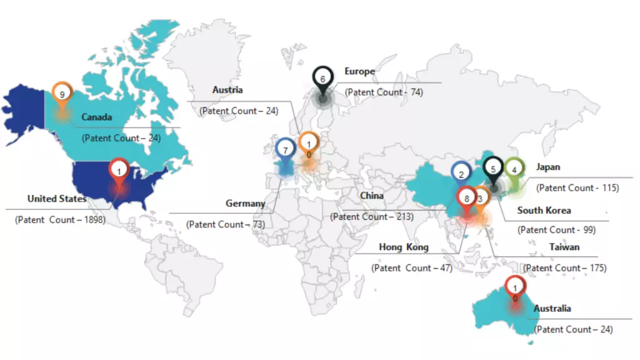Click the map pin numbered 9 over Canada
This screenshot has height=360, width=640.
point(62,94)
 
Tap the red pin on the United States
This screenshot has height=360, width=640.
point(119,169)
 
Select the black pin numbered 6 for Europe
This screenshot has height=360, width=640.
point(322,79)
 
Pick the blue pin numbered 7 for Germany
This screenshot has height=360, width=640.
point(285,151)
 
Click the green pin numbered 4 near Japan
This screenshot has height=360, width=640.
point(514,169)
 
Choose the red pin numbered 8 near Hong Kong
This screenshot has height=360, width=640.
point(466,199)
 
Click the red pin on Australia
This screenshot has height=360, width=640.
point(514,287)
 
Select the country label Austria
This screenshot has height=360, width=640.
point(227,90)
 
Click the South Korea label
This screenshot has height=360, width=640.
point(544,211)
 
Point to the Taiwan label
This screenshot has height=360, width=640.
point(564,247)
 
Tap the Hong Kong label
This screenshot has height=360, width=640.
point(404,247)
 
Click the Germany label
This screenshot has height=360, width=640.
point(245,204)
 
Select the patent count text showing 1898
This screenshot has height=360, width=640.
point(60,220)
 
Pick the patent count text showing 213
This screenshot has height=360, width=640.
point(372,217)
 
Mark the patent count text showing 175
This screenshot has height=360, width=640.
point(565,268)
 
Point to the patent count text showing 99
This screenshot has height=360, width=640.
point(556,230)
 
